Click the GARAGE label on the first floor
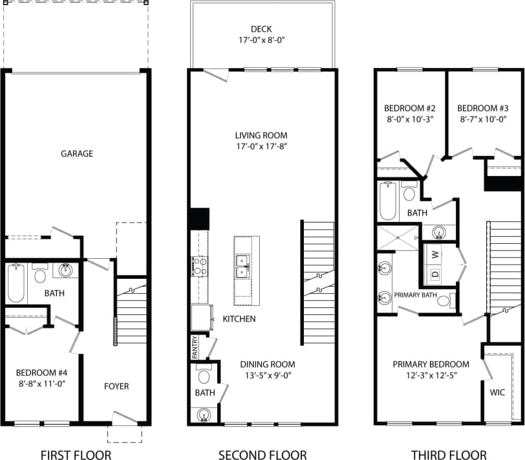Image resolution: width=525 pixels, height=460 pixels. [77, 154]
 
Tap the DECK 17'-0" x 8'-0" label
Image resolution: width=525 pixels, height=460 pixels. [261, 34]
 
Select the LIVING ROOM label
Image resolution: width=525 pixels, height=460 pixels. [261, 141]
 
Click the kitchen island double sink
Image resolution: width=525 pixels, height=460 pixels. [244, 265]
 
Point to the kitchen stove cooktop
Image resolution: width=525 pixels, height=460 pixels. [198, 267]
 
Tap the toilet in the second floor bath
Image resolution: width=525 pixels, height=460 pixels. [204, 377]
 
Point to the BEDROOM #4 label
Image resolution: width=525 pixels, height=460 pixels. [41, 378]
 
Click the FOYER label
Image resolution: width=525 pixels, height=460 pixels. [116, 386]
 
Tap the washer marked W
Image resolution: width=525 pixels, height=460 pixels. [434, 254]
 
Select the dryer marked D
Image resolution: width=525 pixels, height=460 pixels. [434, 274]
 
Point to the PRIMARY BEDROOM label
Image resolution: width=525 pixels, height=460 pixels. [431, 369]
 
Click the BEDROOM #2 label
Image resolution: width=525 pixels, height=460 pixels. [409, 113]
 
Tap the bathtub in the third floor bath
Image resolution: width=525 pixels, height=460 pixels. [388, 201]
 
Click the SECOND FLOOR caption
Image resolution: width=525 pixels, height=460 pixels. [262, 455]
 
